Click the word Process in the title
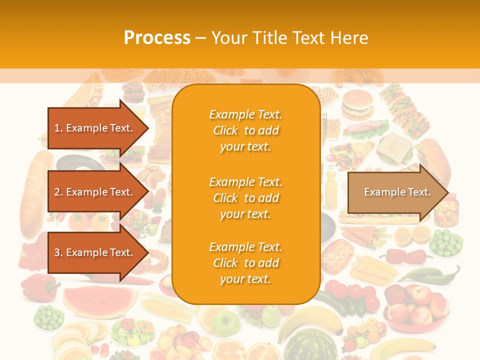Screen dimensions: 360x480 [157, 38]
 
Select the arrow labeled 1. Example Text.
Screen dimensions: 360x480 [95, 128]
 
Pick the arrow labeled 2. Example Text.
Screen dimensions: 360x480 [95, 192]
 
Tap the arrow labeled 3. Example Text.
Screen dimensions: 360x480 [95, 252]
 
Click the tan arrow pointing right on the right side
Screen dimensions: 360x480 [397, 192]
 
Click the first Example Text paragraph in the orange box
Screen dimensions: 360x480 [245, 130]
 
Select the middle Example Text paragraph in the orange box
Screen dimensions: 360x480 [245, 198]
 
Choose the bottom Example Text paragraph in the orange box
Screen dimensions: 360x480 [245, 263]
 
